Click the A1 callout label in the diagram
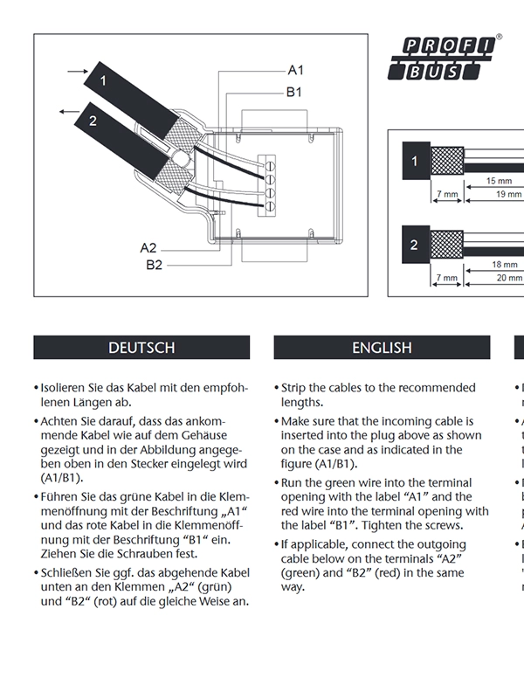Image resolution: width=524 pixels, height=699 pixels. tap(296, 70)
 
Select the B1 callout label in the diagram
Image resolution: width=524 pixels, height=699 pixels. tap(294, 91)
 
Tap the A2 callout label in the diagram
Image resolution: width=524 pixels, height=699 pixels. tap(148, 248)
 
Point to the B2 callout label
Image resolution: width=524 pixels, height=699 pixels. tap(155, 265)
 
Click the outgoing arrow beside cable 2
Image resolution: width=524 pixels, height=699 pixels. tap(71, 112)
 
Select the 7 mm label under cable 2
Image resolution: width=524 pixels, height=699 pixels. tap(447, 278)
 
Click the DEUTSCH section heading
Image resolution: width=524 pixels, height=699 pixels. tap(141, 348)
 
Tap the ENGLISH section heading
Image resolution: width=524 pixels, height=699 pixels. tap(382, 348)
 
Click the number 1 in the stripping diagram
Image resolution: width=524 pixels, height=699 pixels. tap(414, 162)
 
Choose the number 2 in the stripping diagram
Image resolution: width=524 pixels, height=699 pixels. tap(414, 246)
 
